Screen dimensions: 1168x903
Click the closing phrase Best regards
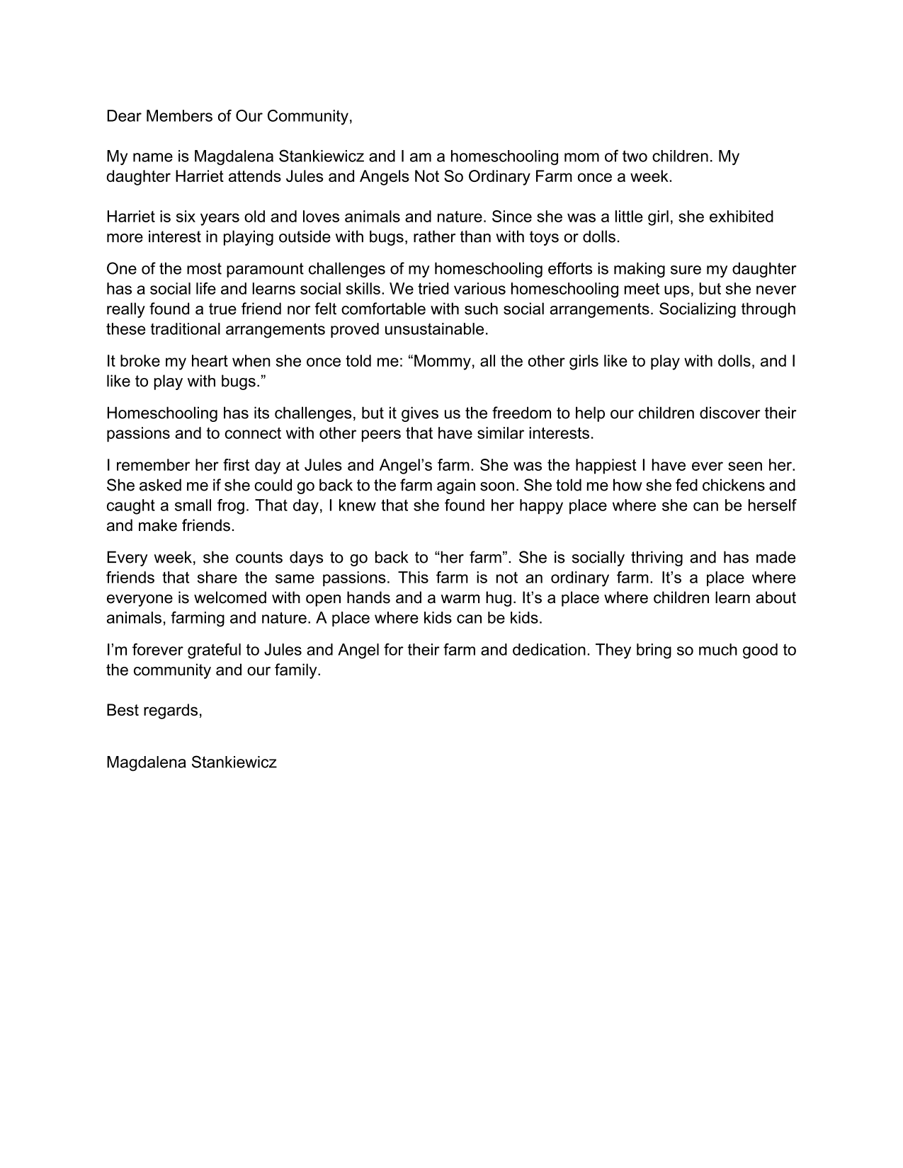(154, 711)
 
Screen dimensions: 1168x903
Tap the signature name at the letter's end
(191, 762)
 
